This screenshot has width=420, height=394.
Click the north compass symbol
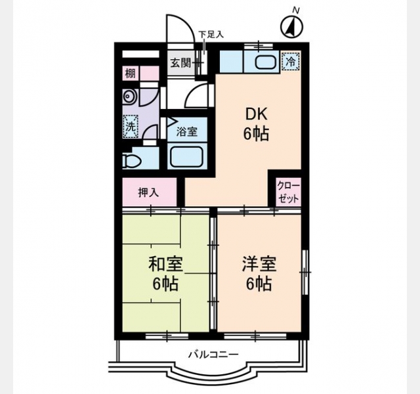[291, 27]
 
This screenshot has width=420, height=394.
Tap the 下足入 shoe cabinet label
[211, 35]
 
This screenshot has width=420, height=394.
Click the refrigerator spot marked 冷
[291, 62]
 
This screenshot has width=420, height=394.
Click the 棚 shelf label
[131, 73]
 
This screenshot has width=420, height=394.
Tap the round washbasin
[129, 97]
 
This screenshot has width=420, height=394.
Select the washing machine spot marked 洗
[131, 127]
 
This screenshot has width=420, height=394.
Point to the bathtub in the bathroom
[186, 158]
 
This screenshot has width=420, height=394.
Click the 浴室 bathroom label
[186, 131]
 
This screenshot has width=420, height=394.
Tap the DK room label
[257, 114]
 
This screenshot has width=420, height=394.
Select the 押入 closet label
[149, 192]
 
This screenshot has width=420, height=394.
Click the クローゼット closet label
[289, 192]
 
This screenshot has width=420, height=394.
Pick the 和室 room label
[166, 264]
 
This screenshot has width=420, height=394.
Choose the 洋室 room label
[259, 264]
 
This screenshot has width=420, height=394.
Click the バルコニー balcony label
[213, 355]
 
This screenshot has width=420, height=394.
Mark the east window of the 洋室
[305, 273]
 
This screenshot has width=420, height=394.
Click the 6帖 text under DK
[256, 134]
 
